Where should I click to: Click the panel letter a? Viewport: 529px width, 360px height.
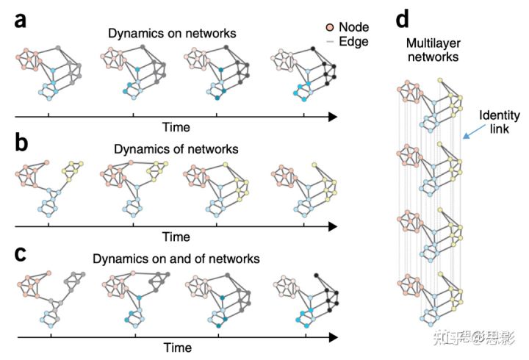point(22,20)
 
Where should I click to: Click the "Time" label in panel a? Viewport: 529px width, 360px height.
point(176,127)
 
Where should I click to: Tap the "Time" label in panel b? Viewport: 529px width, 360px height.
point(176,237)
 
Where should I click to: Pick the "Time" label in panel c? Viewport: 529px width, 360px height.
point(176,347)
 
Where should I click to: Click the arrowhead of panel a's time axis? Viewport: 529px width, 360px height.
point(332,116)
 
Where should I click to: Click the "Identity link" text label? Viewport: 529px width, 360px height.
point(500,122)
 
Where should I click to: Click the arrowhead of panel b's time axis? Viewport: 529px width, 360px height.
point(332,226)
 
